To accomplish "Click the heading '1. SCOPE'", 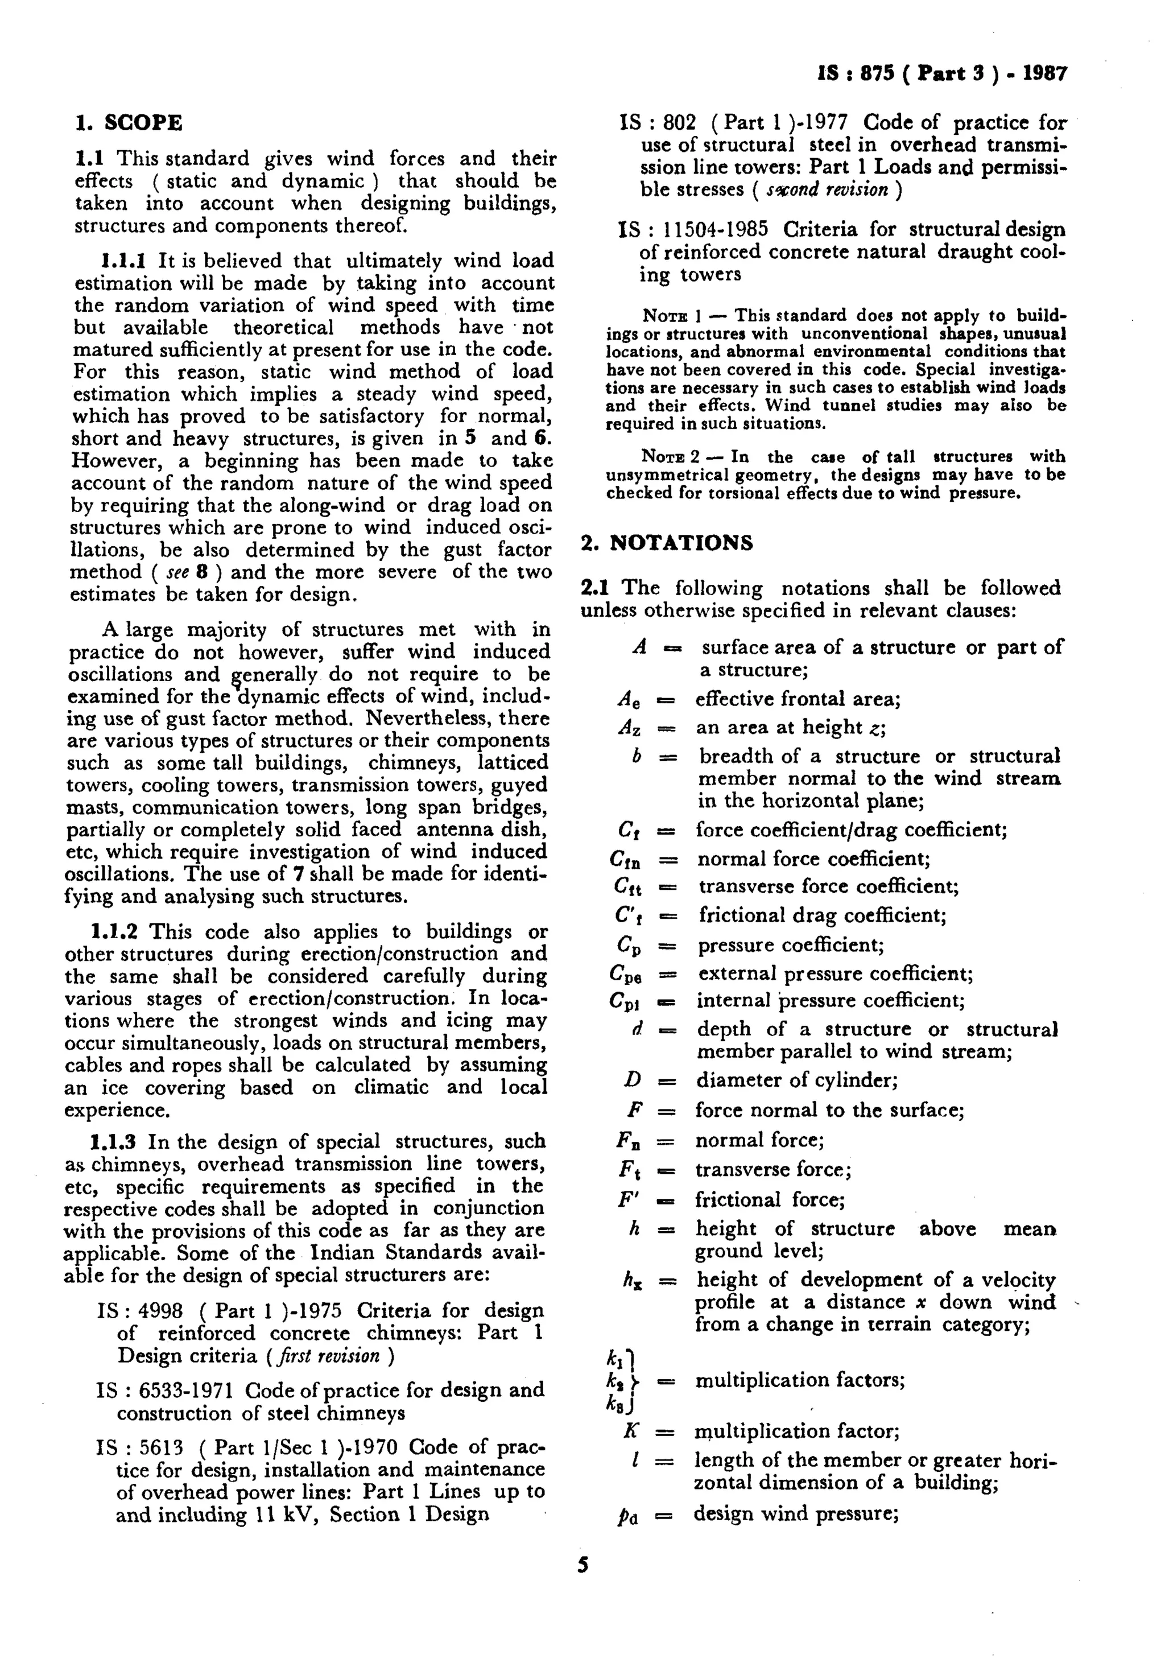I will [129, 122].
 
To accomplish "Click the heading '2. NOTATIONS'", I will [667, 543].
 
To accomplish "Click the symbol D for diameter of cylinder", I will [631, 1080].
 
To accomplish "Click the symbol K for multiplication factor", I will [631, 1431].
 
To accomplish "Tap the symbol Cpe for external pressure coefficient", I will [625, 974].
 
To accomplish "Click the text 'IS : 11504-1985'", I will [693, 230].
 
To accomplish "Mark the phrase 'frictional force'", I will [770, 1199].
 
